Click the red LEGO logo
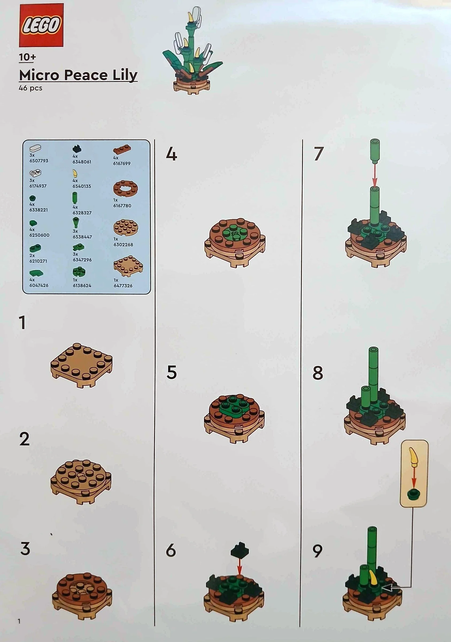[x=41, y=25]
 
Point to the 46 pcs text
[x=30, y=88]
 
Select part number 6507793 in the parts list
[x=38, y=161]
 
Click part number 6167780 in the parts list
[x=122, y=205]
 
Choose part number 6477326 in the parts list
[x=123, y=285]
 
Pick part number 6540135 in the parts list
[x=82, y=186]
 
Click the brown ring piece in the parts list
[x=126, y=189]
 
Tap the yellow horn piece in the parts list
[x=75, y=174]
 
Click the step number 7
[x=319, y=154]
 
